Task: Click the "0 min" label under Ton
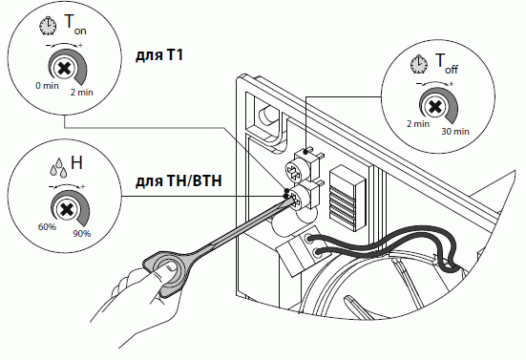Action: pyautogui.click(x=47, y=86)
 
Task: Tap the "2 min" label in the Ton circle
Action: pyautogui.click(x=81, y=93)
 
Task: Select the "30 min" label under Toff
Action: pyautogui.click(x=455, y=132)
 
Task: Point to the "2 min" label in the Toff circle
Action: pyautogui.click(x=418, y=124)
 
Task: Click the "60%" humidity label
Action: pyautogui.click(x=47, y=227)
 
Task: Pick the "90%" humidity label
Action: pyautogui.click(x=82, y=234)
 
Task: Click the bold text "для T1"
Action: pyautogui.click(x=159, y=55)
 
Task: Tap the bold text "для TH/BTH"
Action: pyautogui.click(x=179, y=181)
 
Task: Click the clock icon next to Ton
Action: pyautogui.click(x=48, y=27)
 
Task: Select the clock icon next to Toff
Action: pyautogui.click(x=419, y=64)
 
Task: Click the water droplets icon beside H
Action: pyautogui.click(x=58, y=167)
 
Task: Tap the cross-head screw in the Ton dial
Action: pyautogui.click(x=64, y=70)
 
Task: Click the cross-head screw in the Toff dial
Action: pyautogui.click(x=434, y=107)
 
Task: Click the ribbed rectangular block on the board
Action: pyautogui.click(x=347, y=198)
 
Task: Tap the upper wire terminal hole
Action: pyautogui.click(x=309, y=239)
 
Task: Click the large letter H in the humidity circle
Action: pyautogui.click(x=76, y=162)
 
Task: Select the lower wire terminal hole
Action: pyautogui.click(x=316, y=253)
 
